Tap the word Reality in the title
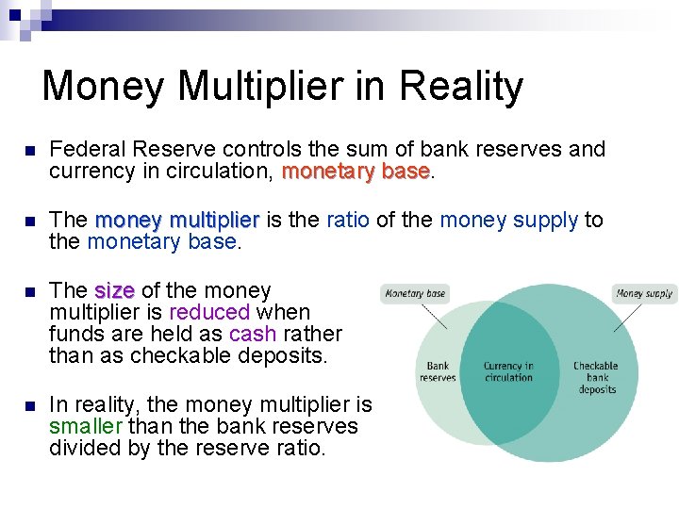(x=461, y=86)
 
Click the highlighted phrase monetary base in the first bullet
(x=356, y=172)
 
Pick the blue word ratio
(x=348, y=220)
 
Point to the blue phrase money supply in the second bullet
(x=508, y=220)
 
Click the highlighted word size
(x=115, y=290)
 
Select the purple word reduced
(x=209, y=312)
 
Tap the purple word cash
(x=253, y=334)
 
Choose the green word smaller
(x=89, y=426)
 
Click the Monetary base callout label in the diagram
(x=414, y=294)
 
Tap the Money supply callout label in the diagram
(x=644, y=293)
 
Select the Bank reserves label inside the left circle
(x=438, y=371)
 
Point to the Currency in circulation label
(x=508, y=371)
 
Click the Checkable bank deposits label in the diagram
(x=596, y=376)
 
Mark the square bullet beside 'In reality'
(x=28, y=406)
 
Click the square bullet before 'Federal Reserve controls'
(x=28, y=151)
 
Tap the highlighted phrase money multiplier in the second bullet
(x=177, y=220)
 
